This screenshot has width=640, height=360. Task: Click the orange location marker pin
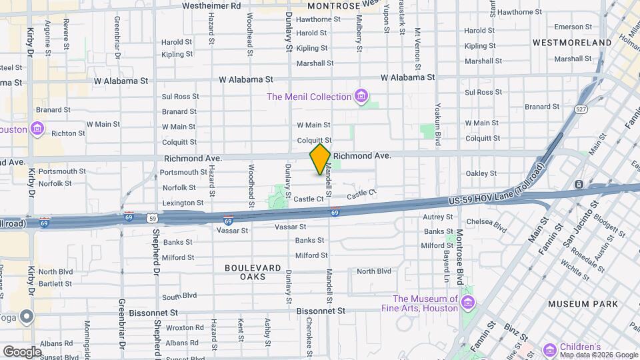(320, 159)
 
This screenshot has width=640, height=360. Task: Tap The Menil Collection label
(309, 97)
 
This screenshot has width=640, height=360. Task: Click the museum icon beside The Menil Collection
(361, 97)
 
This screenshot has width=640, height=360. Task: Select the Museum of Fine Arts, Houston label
(425, 303)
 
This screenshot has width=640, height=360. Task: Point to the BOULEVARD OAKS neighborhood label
(253, 272)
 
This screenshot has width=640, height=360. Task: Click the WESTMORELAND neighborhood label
(572, 43)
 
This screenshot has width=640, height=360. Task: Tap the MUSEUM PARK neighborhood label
(583, 304)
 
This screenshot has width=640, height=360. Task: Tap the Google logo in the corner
(21, 351)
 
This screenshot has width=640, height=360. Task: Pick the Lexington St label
(183, 203)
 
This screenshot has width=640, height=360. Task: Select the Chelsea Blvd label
(487, 225)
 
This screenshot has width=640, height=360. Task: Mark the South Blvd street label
(179, 295)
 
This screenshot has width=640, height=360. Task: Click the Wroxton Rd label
(185, 327)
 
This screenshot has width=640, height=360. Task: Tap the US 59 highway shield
(153, 217)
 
